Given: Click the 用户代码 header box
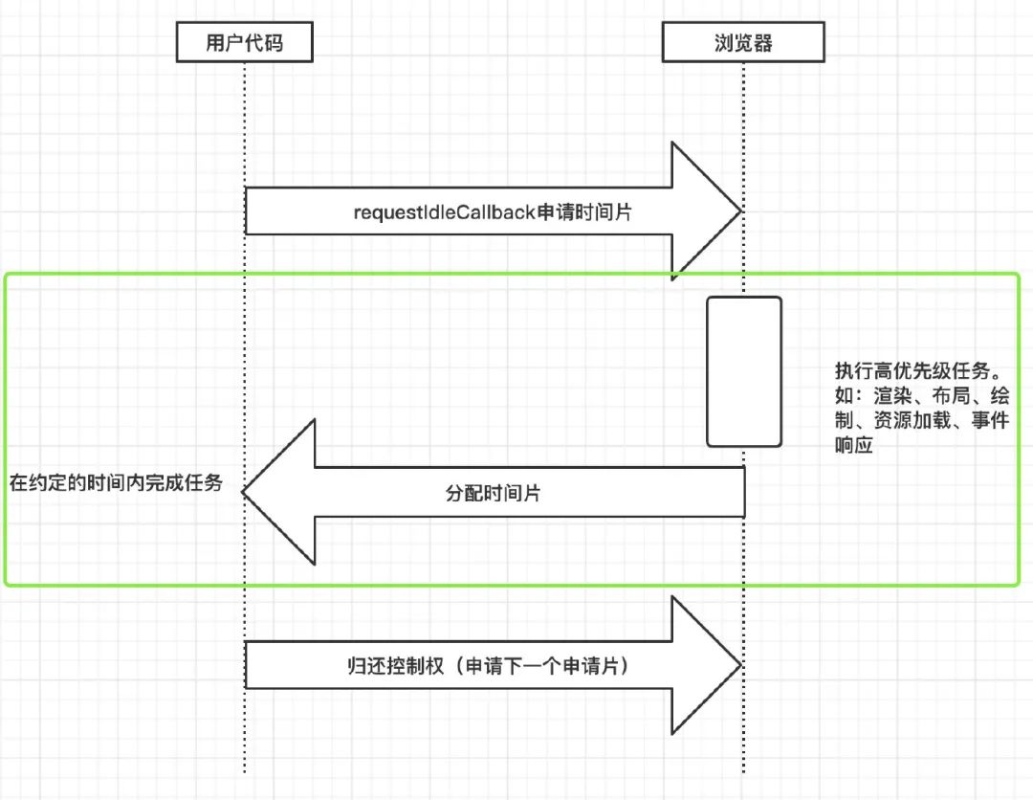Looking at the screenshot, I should (x=245, y=43).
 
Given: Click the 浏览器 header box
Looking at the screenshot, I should (x=743, y=43).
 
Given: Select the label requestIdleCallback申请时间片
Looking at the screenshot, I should (x=493, y=212).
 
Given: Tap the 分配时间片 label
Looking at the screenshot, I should (x=493, y=493).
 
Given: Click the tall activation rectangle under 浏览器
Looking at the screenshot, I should (x=744, y=371).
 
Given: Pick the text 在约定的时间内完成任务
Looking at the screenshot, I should (x=117, y=482).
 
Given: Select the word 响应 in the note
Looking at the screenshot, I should (x=853, y=446).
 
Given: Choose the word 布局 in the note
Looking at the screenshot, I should (x=935, y=396).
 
